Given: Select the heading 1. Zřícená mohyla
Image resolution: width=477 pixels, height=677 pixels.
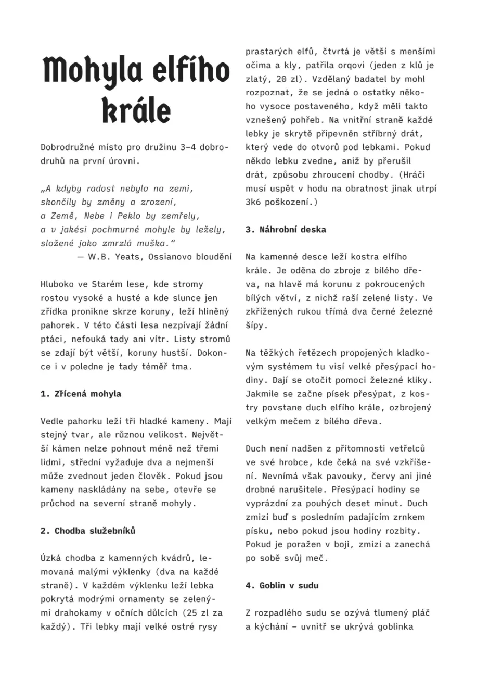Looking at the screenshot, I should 81,394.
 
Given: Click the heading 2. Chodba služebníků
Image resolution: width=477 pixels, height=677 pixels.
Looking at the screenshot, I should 88,531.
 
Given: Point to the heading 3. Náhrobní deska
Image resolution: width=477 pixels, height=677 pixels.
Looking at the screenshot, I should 286,229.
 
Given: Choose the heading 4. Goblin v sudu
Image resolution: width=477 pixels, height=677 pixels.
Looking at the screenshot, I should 282,585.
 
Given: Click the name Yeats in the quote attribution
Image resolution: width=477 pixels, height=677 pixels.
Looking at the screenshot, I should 127,257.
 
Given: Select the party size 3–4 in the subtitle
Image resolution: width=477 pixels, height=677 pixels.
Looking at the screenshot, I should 187,147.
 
